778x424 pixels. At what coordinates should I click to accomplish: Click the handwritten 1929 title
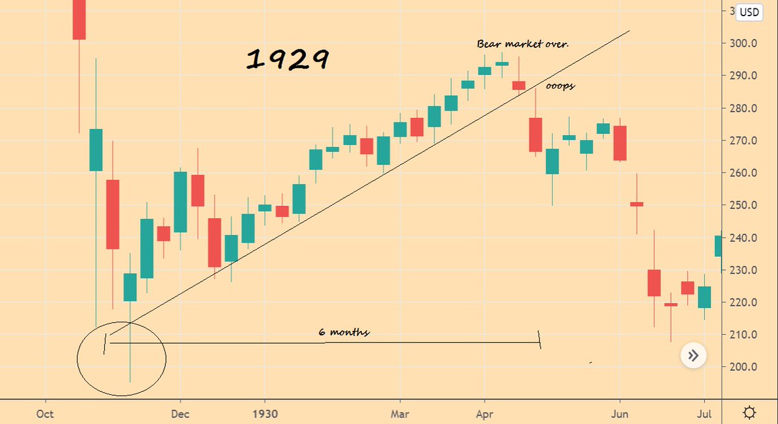point(287,60)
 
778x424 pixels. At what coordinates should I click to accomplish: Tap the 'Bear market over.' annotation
point(523,44)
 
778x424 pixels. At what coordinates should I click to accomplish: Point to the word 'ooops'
point(560,86)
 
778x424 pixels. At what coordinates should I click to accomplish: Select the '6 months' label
point(344,331)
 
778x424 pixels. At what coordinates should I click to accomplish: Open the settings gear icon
point(749,412)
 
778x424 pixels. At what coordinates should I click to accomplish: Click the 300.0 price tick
point(743,43)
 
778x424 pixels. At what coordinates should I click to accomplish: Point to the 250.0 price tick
point(743,205)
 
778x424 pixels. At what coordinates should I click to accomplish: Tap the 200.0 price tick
point(743,367)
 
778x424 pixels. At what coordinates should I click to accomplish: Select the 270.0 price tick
point(743,140)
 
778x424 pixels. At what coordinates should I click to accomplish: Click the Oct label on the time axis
point(45,413)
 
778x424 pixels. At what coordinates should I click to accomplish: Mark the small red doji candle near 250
point(637,204)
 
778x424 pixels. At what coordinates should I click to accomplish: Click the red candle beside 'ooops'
point(519,85)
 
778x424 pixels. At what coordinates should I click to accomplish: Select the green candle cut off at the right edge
point(718,245)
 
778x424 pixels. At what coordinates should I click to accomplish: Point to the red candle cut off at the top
point(78,19)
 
